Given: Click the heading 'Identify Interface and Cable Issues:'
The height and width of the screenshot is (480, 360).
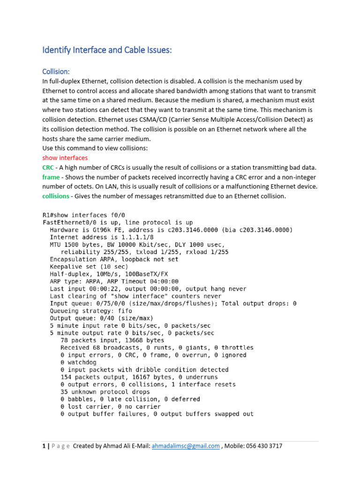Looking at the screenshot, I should click(107, 50).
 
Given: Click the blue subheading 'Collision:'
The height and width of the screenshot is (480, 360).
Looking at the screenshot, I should click(56, 71).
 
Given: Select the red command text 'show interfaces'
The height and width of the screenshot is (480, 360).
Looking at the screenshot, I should click(65, 157).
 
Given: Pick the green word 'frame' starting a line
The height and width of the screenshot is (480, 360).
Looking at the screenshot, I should click(51, 177).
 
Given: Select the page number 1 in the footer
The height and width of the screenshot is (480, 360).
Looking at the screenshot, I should click(44, 446).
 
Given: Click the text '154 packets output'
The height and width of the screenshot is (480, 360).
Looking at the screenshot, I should click(90, 377).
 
